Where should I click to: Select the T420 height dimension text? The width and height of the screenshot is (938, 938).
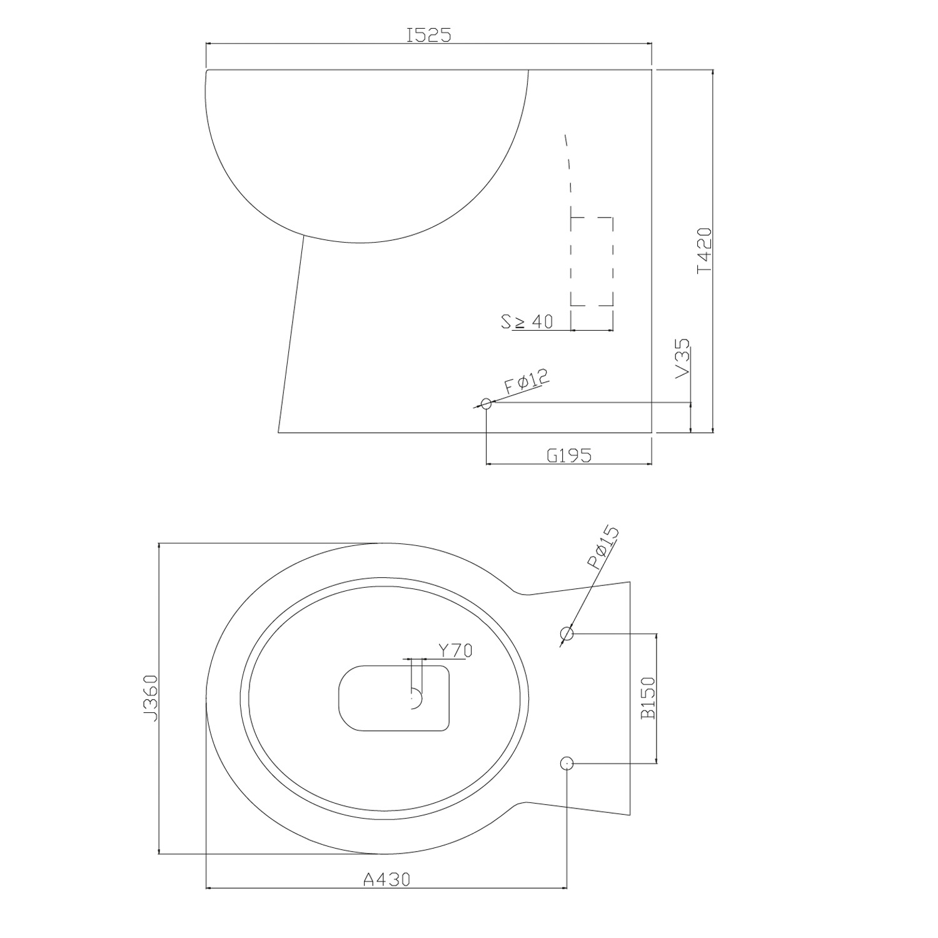(704, 250)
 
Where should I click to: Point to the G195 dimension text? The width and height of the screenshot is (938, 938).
(568, 455)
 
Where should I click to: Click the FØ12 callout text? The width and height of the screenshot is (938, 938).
(526, 381)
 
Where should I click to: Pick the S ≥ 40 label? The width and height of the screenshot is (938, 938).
(527, 322)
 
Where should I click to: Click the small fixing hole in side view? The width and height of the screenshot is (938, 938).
(486, 404)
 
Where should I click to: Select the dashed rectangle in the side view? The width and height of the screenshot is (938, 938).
(592, 261)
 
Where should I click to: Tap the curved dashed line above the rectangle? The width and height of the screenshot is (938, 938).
(568, 166)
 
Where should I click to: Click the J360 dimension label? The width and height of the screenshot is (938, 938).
(149, 697)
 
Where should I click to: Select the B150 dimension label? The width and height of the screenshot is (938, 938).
(648, 698)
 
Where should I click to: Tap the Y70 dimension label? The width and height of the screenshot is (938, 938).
(455, 651)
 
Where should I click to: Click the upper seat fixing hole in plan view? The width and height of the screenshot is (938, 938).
(567, 633)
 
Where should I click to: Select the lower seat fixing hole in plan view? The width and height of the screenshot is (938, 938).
(567, 763)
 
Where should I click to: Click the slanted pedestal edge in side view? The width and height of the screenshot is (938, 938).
(291, 335)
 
